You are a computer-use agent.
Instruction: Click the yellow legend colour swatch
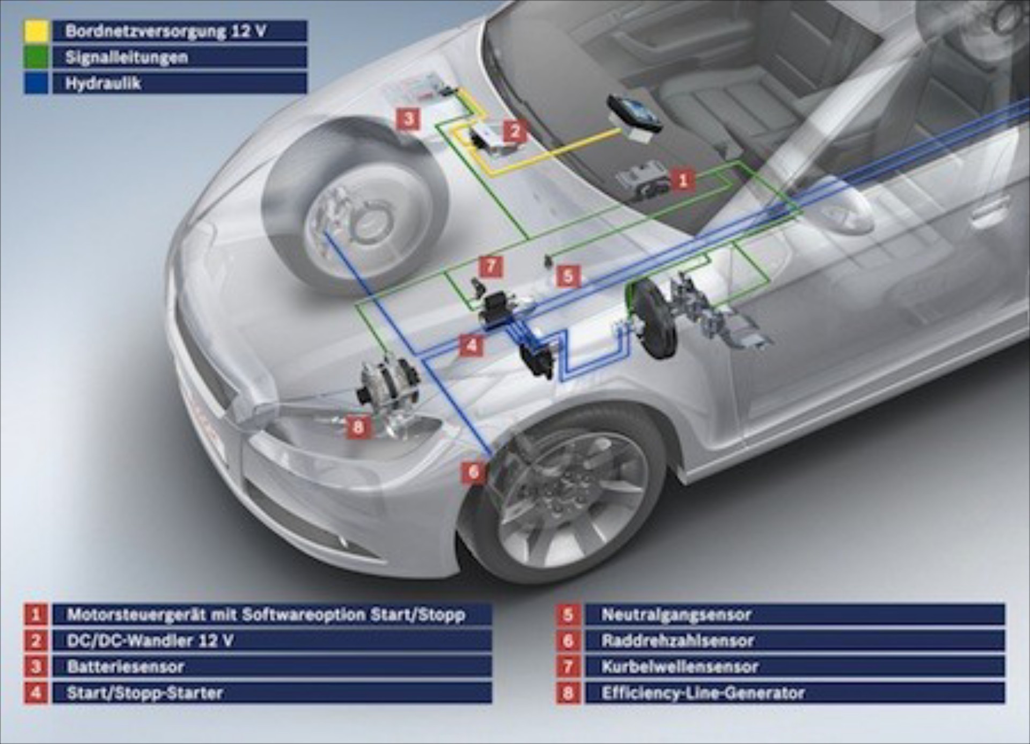pyautogui.click(x=37, y=31)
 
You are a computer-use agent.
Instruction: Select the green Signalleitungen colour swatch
pyautogui.click(x=37, y=57)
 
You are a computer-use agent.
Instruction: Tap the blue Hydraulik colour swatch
pyautogui.click(x=37, y=83)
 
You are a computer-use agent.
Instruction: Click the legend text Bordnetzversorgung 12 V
pyautogui.click(x=165, y=31)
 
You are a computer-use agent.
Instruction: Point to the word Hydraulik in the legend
pyautogui.click(x=103, y=83)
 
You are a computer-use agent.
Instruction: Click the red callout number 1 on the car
pyautogui.click(x=682, y=180)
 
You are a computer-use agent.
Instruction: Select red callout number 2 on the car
pyautogui.click(x=515, y=131)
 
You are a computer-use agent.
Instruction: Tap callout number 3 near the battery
pyautogui.click(x=408, y=119)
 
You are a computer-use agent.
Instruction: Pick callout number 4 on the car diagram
pyautogui.click(x=472, y=345)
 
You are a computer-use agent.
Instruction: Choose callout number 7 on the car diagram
pyautogui.click(x=491, y=266)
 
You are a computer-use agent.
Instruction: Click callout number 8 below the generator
pyautogui.click(x=358, y=427)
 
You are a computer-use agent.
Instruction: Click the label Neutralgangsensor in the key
pyautogui.click(x=676, y=615)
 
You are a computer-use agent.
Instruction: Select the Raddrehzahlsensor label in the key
pyautogui.click(x=678, y=640)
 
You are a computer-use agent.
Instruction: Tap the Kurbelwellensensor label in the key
pyautogui.click(x=680, y=667)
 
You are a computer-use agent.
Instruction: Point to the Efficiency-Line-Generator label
pyautogui.click(x=703, y=693)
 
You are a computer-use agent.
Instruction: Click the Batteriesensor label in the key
pyautogui.click(x=126, y=667)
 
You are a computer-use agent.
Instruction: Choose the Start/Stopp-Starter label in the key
pyautogui.click(x=144, y=693)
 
